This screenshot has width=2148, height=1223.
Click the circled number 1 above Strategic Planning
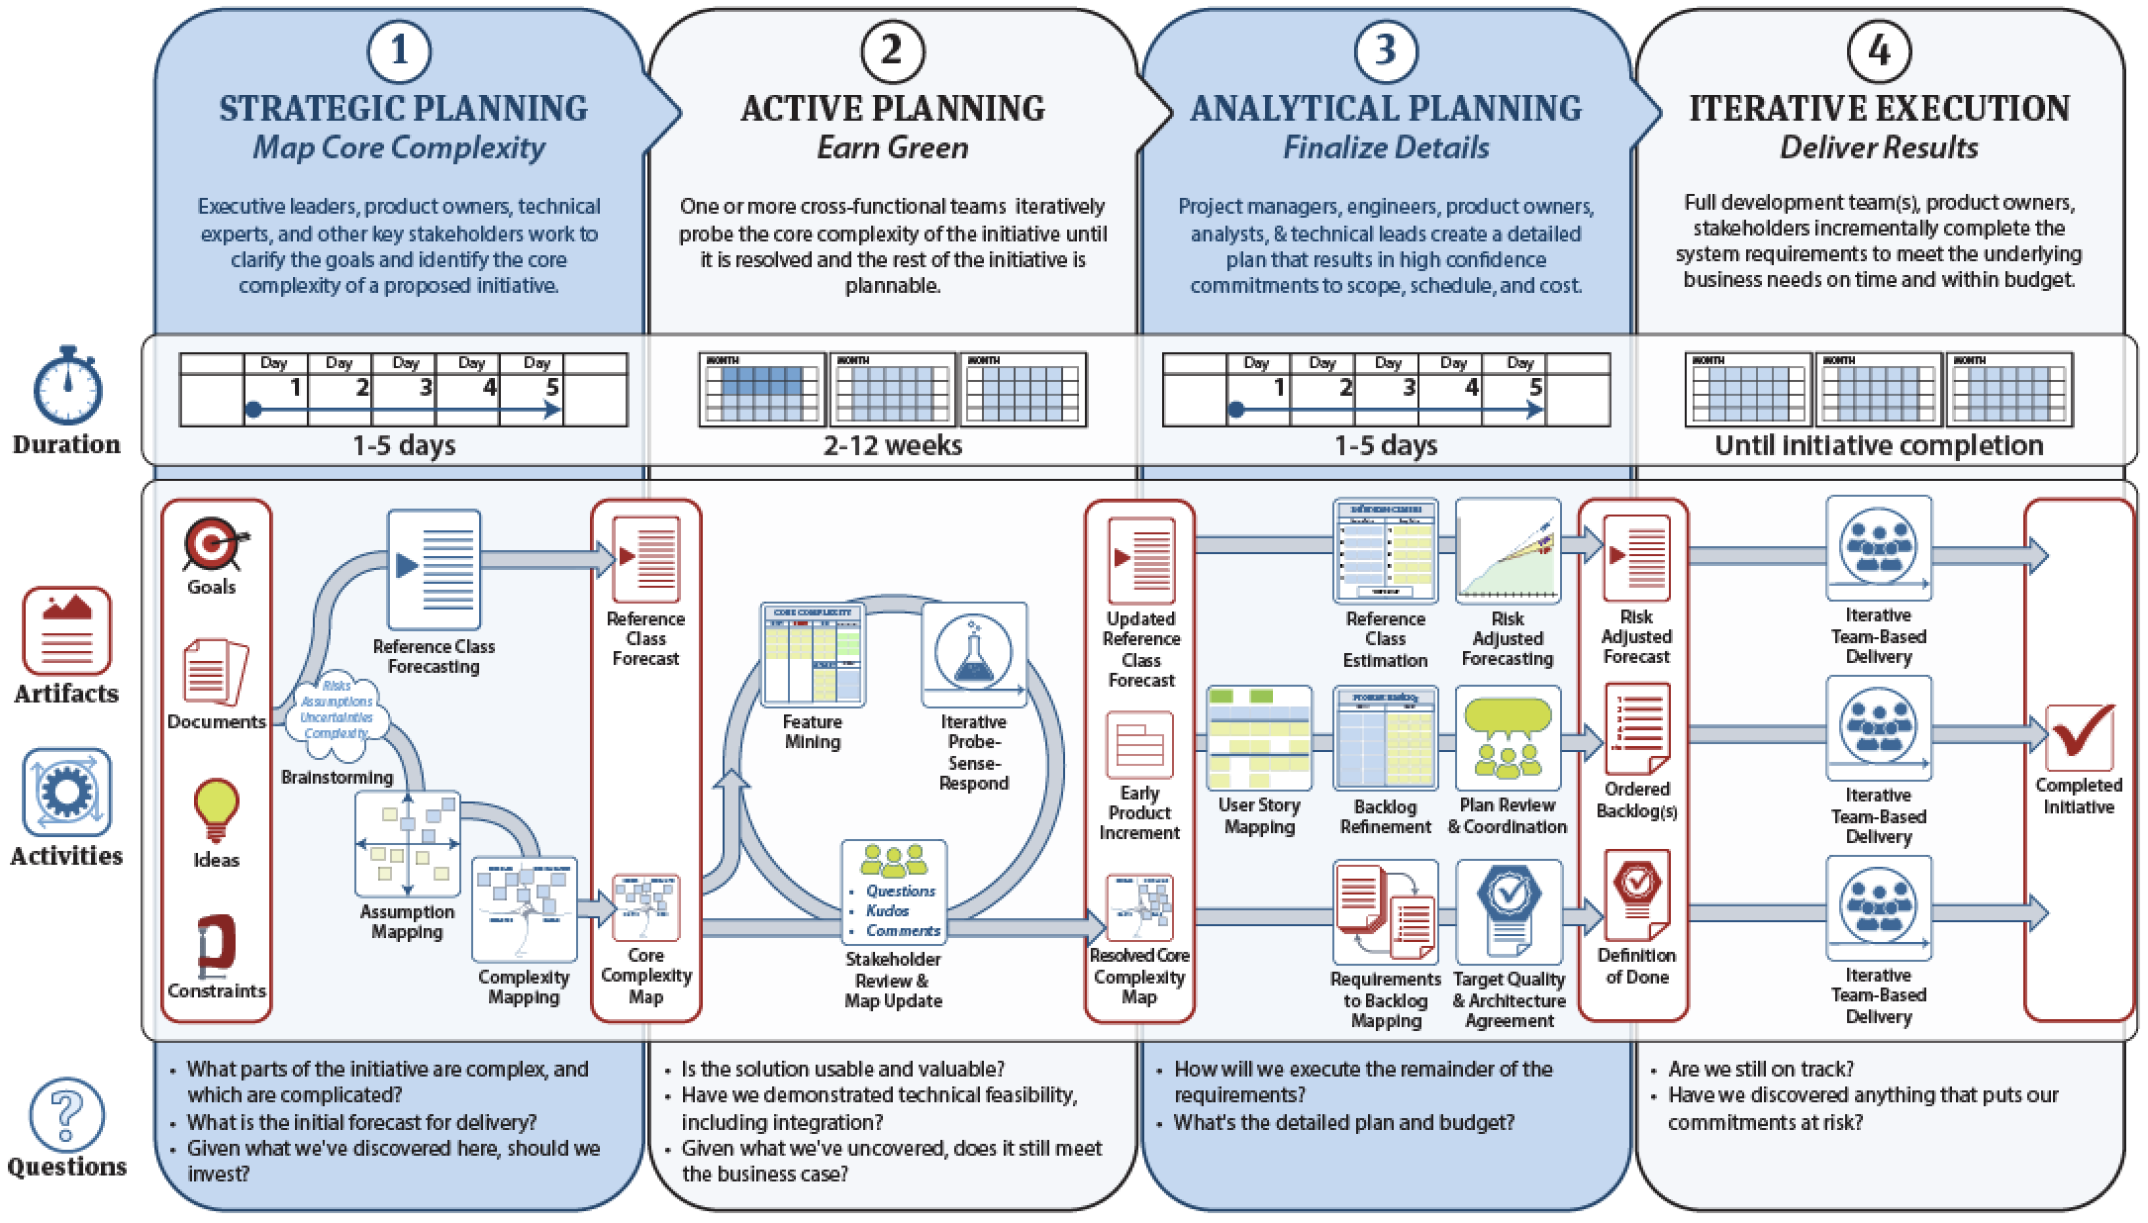(399, 50)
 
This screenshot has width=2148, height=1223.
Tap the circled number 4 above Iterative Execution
(1878, 50)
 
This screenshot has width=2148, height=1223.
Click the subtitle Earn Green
(892, 147)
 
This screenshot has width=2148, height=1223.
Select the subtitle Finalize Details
(1386, 147)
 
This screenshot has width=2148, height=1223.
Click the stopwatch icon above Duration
(67, 386)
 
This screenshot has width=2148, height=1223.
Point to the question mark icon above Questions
(66, 1115)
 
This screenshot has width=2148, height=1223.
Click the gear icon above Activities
(66, 793)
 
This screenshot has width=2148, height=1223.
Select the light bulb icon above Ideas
(216, 809)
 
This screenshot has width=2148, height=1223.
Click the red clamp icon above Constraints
(216, 945)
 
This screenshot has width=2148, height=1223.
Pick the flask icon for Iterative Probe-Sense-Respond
(973, 654)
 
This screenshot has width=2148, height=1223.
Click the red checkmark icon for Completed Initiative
(2079, 736)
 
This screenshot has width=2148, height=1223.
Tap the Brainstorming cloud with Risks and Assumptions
(338, 709)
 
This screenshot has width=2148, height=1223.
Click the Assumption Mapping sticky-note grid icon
(408, 844)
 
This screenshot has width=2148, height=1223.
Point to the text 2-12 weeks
(892, 445)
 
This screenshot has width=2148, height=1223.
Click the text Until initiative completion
(1878, 445)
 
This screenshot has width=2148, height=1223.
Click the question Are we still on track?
(1760, 1069)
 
